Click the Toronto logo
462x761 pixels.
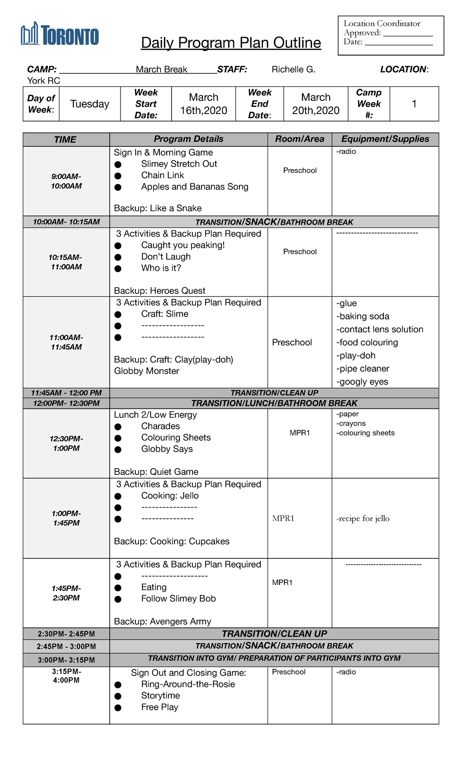click(x=60, y=34)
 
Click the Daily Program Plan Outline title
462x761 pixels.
click(x=231, y=43)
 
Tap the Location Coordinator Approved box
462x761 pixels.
click(x=390, y=35)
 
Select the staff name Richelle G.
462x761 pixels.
click(x=293, y=69)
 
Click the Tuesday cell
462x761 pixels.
click(x=90, y=104)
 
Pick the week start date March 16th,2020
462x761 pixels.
click(x=204, y=104)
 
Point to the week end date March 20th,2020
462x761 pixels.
click(x=316, y=104)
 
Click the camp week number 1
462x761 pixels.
click(x=414, y=104)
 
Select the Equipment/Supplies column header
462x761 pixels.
click(x=385, y=139)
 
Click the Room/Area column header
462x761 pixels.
click(x=300, y=139)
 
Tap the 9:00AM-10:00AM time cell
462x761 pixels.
click(x=66, y=181)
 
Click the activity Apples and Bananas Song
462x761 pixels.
click(x=194, y=187)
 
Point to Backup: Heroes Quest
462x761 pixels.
click(x=159, y=291)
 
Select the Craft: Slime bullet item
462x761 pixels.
click(x=165, y=314)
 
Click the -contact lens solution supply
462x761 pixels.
click(x=380, y=329)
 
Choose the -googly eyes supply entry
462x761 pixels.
click(x=362, y=382)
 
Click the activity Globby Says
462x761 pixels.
click(x=167, y=449)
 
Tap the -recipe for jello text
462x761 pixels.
click(x=363, y=518)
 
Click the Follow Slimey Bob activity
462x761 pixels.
click(x=178, y=598)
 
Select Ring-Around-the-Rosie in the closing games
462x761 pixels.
click(x=188, y=684)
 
